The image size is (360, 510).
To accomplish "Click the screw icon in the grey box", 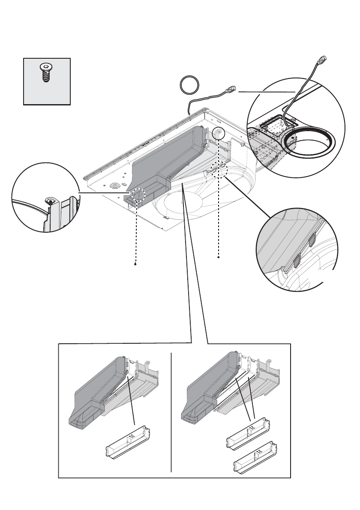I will pos(45,72).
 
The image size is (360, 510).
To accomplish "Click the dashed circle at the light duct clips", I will pos(219,169).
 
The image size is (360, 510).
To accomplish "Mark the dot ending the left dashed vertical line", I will pos(135,264).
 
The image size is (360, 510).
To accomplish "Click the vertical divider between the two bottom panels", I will pos(171,411).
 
